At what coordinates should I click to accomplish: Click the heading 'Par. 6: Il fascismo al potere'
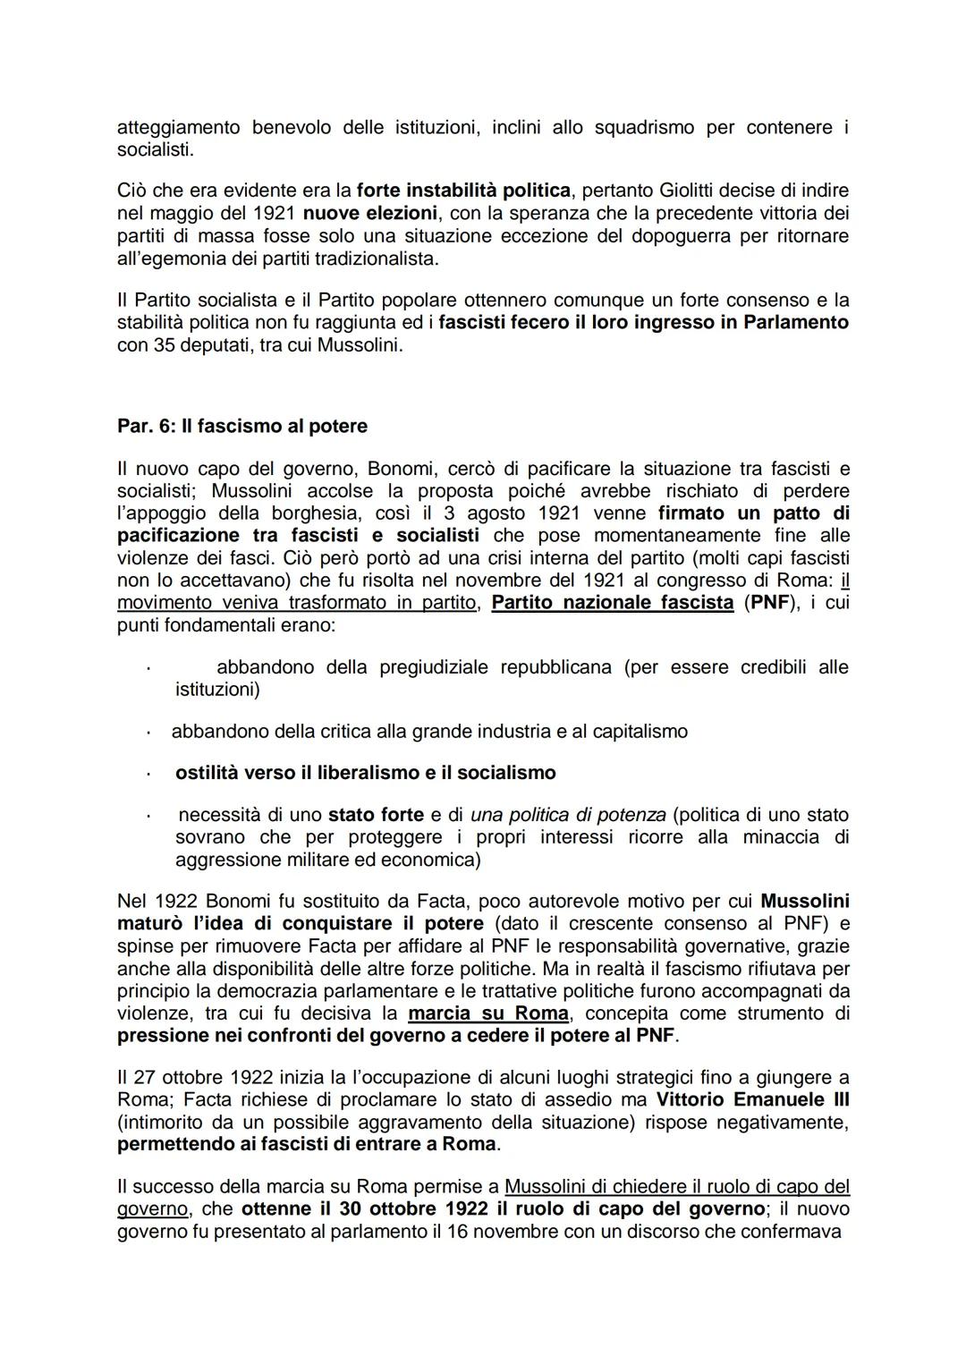click(241, 426)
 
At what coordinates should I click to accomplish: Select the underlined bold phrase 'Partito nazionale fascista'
click(613, 603)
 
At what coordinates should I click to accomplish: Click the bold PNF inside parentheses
click(770, 603)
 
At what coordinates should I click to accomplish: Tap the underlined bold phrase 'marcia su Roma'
click(487, 1013)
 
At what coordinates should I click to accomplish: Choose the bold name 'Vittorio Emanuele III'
click(752, 1099)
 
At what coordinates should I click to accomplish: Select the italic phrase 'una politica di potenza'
click(568, 815)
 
